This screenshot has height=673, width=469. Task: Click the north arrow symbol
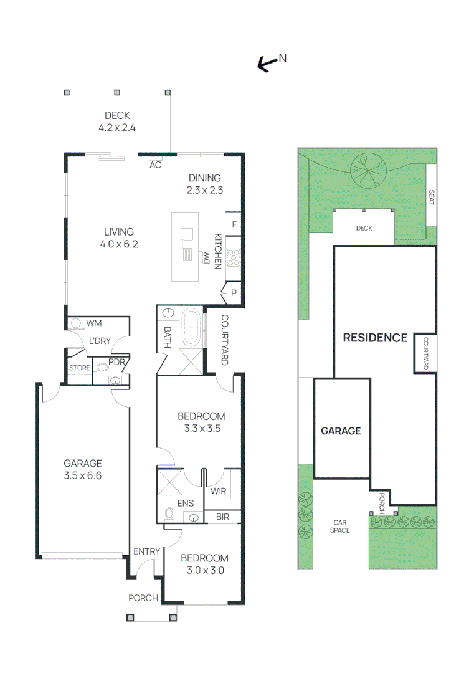pyautogui.click(x=268, y=63)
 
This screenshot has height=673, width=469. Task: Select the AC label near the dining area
pyautogui.click(x=155, y=165)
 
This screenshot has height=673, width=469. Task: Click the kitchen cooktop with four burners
pyautogui.click(x=234, y=257)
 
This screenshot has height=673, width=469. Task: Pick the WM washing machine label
pyautogui.click(x=94, y=323)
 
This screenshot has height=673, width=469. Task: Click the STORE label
pyautogui.click(x=80, y=368)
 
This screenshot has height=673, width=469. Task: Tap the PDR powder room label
pyautogui.click(x=116, y=362)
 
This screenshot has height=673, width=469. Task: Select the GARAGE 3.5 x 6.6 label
pyautogui.click(x=82, y=469)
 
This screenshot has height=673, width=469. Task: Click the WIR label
pyautogui.click(x=218, y=491)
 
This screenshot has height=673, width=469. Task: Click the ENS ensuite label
pyautogui.click(x=185, y=503)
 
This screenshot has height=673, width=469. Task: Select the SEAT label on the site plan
pyautogui.click(x=431, y=198)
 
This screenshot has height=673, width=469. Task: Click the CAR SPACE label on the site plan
pyautogui.click(x=340, y=526)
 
